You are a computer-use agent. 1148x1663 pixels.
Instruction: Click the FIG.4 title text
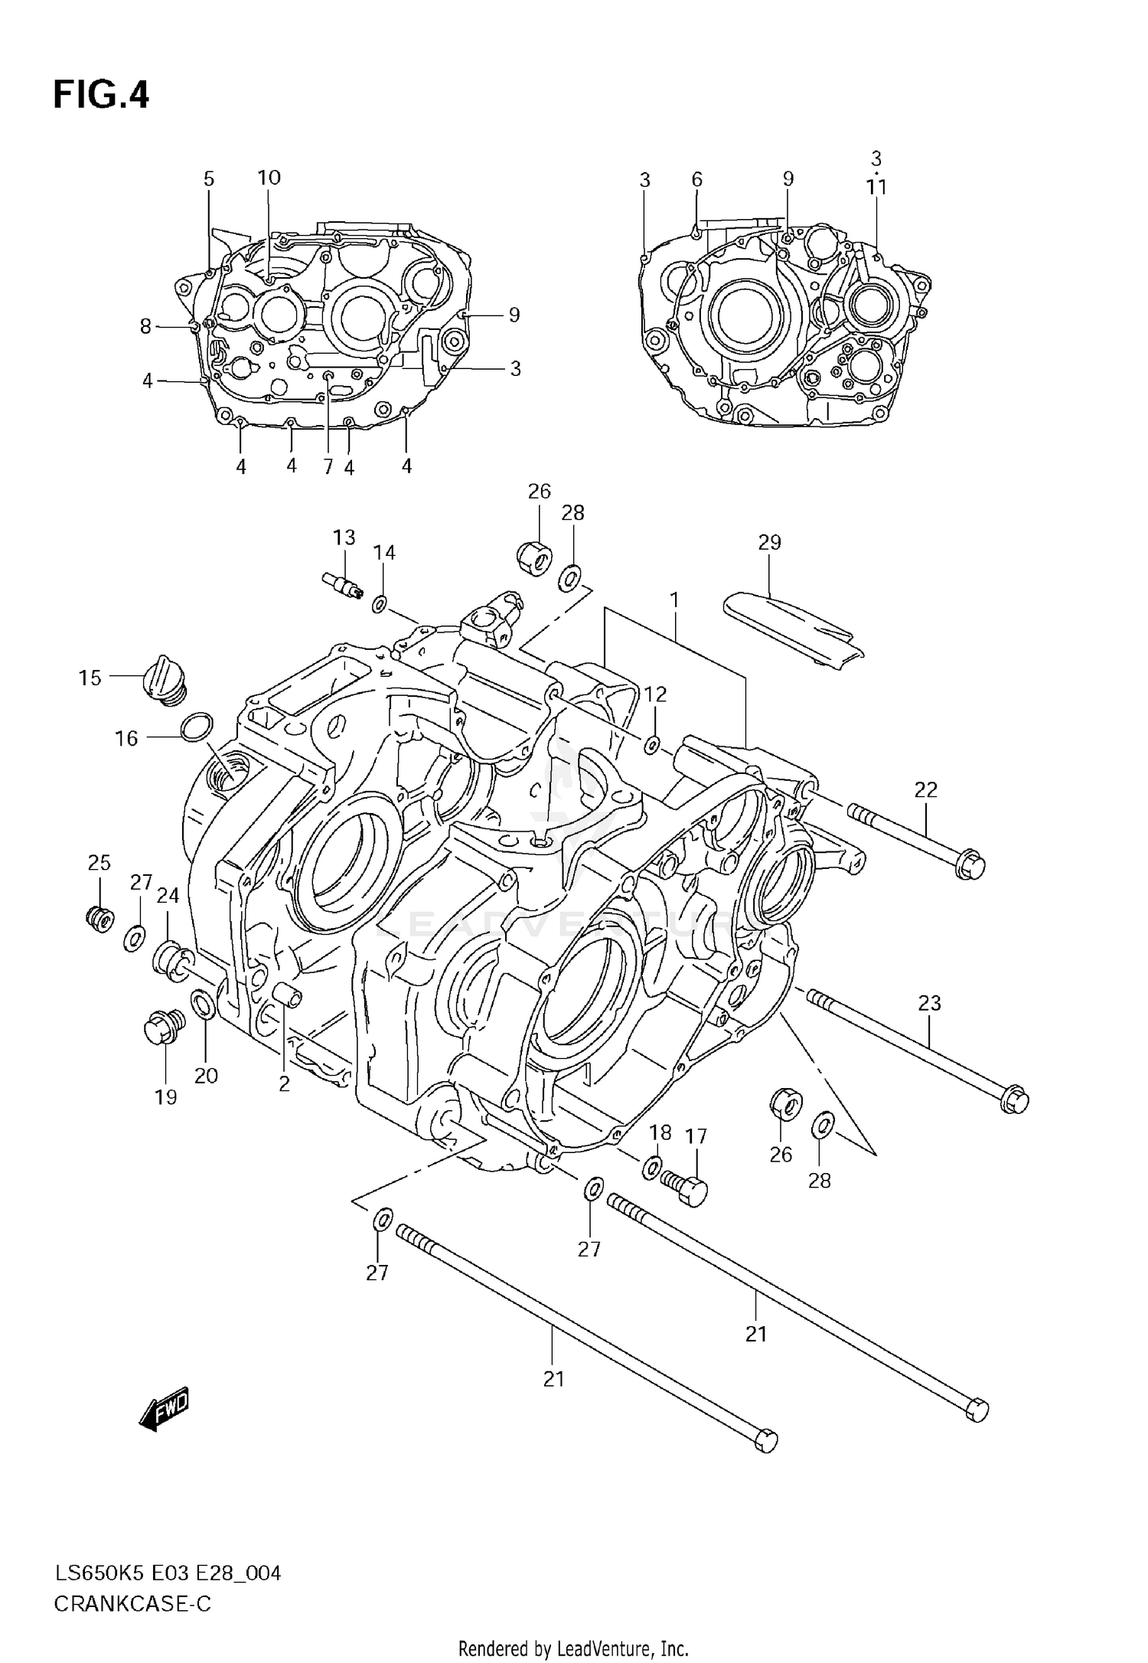[101, 96]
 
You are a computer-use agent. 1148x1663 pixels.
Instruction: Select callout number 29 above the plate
[769, 542]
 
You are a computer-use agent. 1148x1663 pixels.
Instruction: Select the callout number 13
[344, 537]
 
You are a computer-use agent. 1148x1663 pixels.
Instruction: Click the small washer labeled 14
[380, 605]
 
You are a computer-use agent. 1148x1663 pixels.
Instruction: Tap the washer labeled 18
[652, 1167]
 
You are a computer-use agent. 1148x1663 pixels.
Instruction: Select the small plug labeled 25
[100, 917]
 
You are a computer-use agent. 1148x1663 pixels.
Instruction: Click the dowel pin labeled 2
[288, 995]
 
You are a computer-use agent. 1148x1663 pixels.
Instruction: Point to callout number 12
[655, 694]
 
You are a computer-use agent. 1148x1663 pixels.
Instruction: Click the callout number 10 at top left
[269, 178]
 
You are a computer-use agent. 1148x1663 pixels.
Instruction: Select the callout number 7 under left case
[328, 466]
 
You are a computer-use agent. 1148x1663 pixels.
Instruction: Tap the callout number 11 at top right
[876, 187]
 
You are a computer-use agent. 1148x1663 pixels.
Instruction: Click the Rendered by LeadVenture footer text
[573, 1648]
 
